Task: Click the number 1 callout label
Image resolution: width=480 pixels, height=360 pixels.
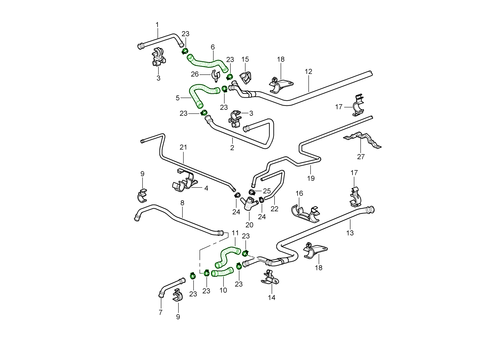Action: click(157, 25)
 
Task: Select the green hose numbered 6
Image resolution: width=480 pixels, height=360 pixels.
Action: click(207, 63)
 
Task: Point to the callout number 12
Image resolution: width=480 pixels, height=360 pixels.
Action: click(308, 72)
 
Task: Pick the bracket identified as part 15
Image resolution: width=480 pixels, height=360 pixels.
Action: click(245, 78)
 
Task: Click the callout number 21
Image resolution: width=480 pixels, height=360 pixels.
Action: click(183, 147)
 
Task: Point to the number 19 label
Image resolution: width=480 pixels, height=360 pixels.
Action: click(311, 178)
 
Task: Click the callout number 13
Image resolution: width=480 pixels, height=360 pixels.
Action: click(350, 232)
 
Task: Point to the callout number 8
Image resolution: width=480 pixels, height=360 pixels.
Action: click(182, 203)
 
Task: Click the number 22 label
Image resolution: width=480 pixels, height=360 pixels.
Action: click(274, 209)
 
